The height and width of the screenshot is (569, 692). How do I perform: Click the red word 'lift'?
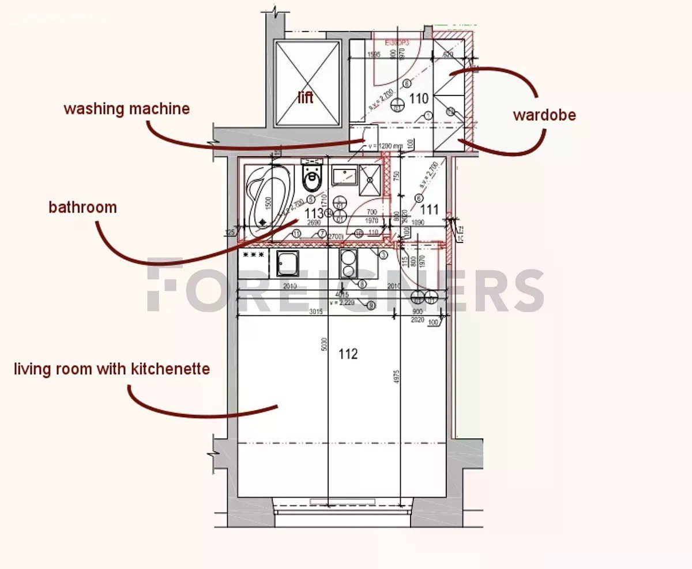click(x=306, y=97)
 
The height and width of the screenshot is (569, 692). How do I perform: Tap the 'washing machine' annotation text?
click(x=126, y=108)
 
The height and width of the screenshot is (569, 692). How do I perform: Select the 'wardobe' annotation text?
click(x=544, y=115)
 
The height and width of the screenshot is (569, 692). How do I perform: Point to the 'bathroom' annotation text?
click(x=82, y=207)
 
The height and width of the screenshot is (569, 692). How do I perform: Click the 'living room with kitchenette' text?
click(x=112, y=369)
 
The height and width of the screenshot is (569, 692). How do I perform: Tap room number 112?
click(x=348, y=354)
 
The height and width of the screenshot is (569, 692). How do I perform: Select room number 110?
click(x=419, y=98)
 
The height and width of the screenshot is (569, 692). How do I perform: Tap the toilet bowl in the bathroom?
click(x=312, y=179)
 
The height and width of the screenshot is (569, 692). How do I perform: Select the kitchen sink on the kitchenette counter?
click(x=287, y=264)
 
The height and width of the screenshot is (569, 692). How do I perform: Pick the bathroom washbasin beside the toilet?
click(x=344, y=175)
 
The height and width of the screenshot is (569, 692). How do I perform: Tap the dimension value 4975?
click(x=397, y=382)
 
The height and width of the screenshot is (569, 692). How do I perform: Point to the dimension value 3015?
click(x=315, y=312)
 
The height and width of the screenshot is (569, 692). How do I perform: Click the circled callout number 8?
click(x=362, y=283)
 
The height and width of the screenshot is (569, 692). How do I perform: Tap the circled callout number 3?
click(x=382, y=254)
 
